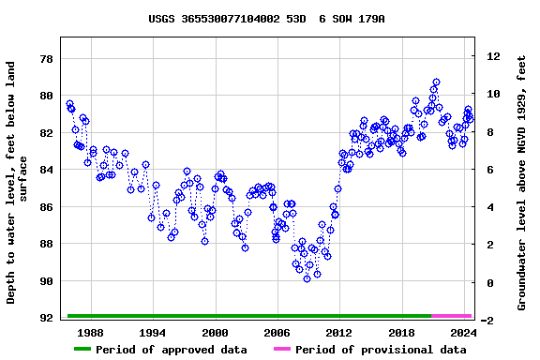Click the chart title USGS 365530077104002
(x=266, y=19)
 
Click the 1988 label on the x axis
(x=91, y=333)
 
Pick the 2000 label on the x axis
(x=215, y=333)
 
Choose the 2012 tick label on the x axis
(x=338, y=333)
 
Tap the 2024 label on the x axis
(x=463, y=333)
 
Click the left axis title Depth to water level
(x=19, y=183)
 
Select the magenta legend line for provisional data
(x=282, y=350)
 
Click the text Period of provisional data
(x=381, y=350)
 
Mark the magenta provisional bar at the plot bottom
(x=451, y=316)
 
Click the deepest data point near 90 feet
(x=307, y=278)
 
